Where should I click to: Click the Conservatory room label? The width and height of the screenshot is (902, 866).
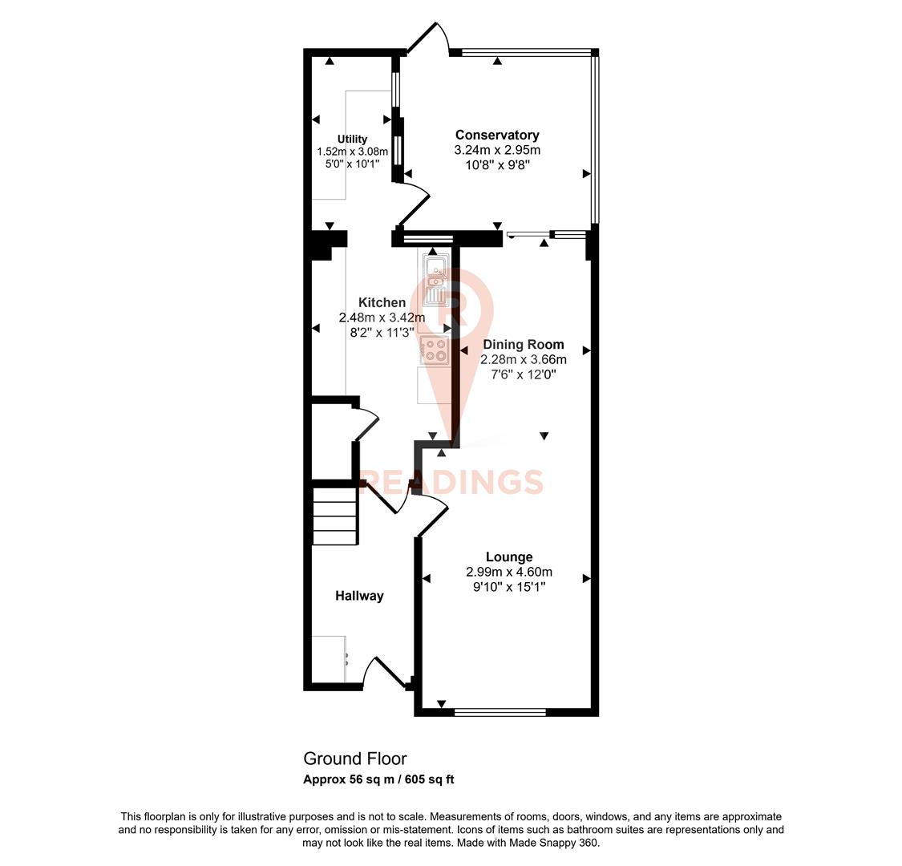coord(497,135)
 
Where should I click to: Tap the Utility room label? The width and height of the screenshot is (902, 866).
coord(352,139)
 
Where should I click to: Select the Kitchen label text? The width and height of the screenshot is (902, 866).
coord(382,302)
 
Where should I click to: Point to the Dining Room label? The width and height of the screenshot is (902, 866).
coord(523,344)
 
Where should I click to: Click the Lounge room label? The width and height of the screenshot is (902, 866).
coord(509,556)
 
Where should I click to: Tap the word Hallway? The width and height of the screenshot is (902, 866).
coord(359,596)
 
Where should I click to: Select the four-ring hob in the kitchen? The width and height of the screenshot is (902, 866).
coord(434,350)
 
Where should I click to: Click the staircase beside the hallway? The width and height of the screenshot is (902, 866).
coord(334,513)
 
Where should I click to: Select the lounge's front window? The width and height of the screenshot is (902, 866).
coord(500,711)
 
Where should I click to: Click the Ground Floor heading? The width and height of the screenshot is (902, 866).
coord(355,759)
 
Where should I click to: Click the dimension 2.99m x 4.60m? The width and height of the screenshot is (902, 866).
coord(509,572)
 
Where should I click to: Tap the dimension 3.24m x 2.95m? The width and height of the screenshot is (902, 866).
coord(497,150)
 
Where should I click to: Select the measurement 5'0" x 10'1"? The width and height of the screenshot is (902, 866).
coord(352,164)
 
